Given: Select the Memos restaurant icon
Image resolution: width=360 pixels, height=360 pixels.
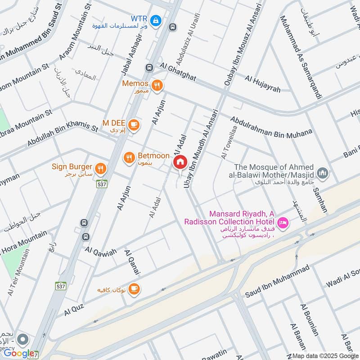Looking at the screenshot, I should click(157, 85).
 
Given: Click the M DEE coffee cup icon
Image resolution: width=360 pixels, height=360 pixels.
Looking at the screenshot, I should click(133, 124).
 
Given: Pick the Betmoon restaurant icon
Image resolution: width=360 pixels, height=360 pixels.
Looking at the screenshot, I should click(129, 157).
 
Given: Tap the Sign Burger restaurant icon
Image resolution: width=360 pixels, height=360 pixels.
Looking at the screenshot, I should click(101, 168).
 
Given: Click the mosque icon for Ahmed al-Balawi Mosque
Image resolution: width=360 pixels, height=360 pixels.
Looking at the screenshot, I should click(322, 173).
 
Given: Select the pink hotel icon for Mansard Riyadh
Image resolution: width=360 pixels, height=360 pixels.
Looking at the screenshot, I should click(283, 222).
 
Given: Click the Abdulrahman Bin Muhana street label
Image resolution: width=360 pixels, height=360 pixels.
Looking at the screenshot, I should click(271, 126).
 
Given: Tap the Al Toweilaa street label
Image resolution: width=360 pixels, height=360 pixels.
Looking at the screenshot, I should click(228, 142).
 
